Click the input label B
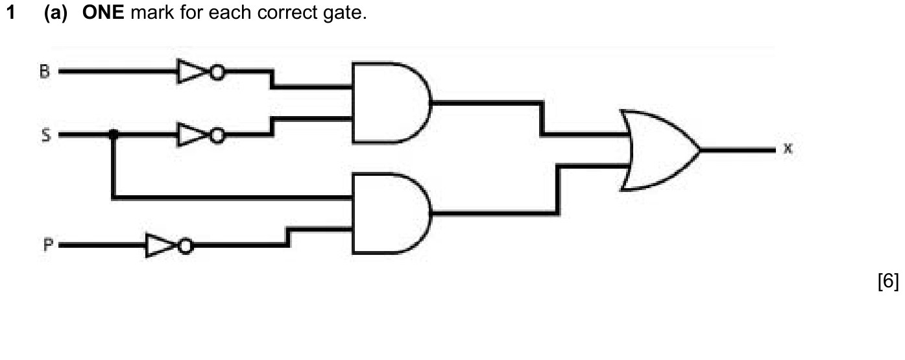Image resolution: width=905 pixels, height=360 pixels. pos(45,71)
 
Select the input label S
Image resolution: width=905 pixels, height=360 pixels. pos(46,135)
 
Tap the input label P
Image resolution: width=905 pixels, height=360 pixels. pos(47,245)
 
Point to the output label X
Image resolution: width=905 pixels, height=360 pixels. pos(788,149)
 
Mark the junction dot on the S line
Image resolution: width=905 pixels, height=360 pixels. pos(114,134)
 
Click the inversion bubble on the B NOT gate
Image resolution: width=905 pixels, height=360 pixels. pos(217,72)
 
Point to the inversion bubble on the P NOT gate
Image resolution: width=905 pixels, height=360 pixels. pos(186,246)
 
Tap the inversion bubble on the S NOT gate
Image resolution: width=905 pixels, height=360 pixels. pos(217,136)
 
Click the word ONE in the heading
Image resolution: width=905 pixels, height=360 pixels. pos(103,12)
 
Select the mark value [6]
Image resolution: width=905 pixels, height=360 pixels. pos(888,281)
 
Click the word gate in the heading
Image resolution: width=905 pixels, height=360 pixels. pos(344,13)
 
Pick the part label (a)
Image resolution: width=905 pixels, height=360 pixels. pos(56,13)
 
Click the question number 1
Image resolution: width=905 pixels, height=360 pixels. pos(11,12)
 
